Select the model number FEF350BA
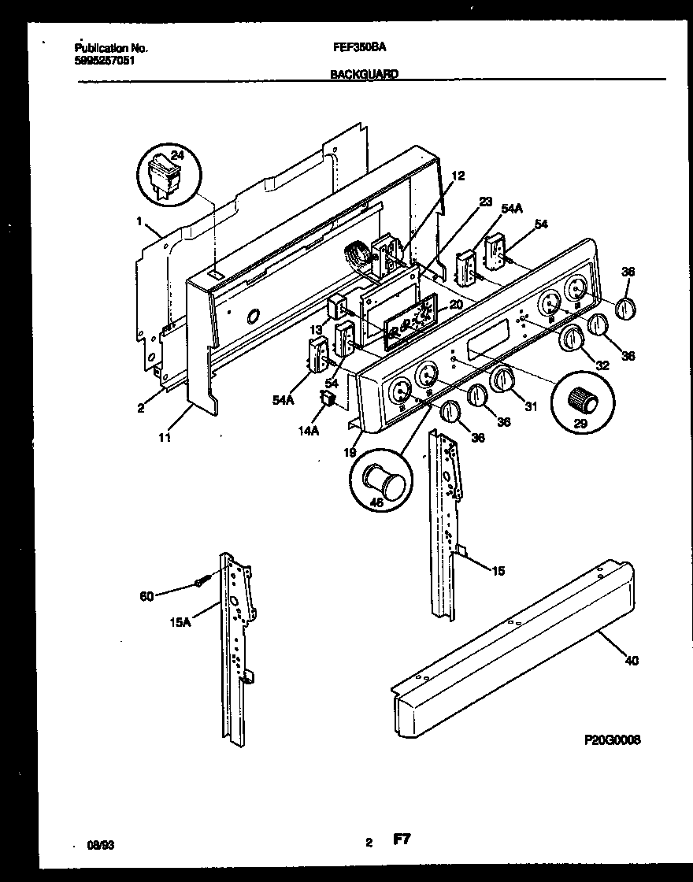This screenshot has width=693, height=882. pos(359,47)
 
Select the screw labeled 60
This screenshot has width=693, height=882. pos(202,584)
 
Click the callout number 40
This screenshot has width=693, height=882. pos(631,660)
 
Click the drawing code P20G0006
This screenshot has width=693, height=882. pos(612,740)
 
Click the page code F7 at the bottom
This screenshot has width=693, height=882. pos(402,840)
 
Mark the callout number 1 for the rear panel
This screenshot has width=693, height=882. pos(139,222)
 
